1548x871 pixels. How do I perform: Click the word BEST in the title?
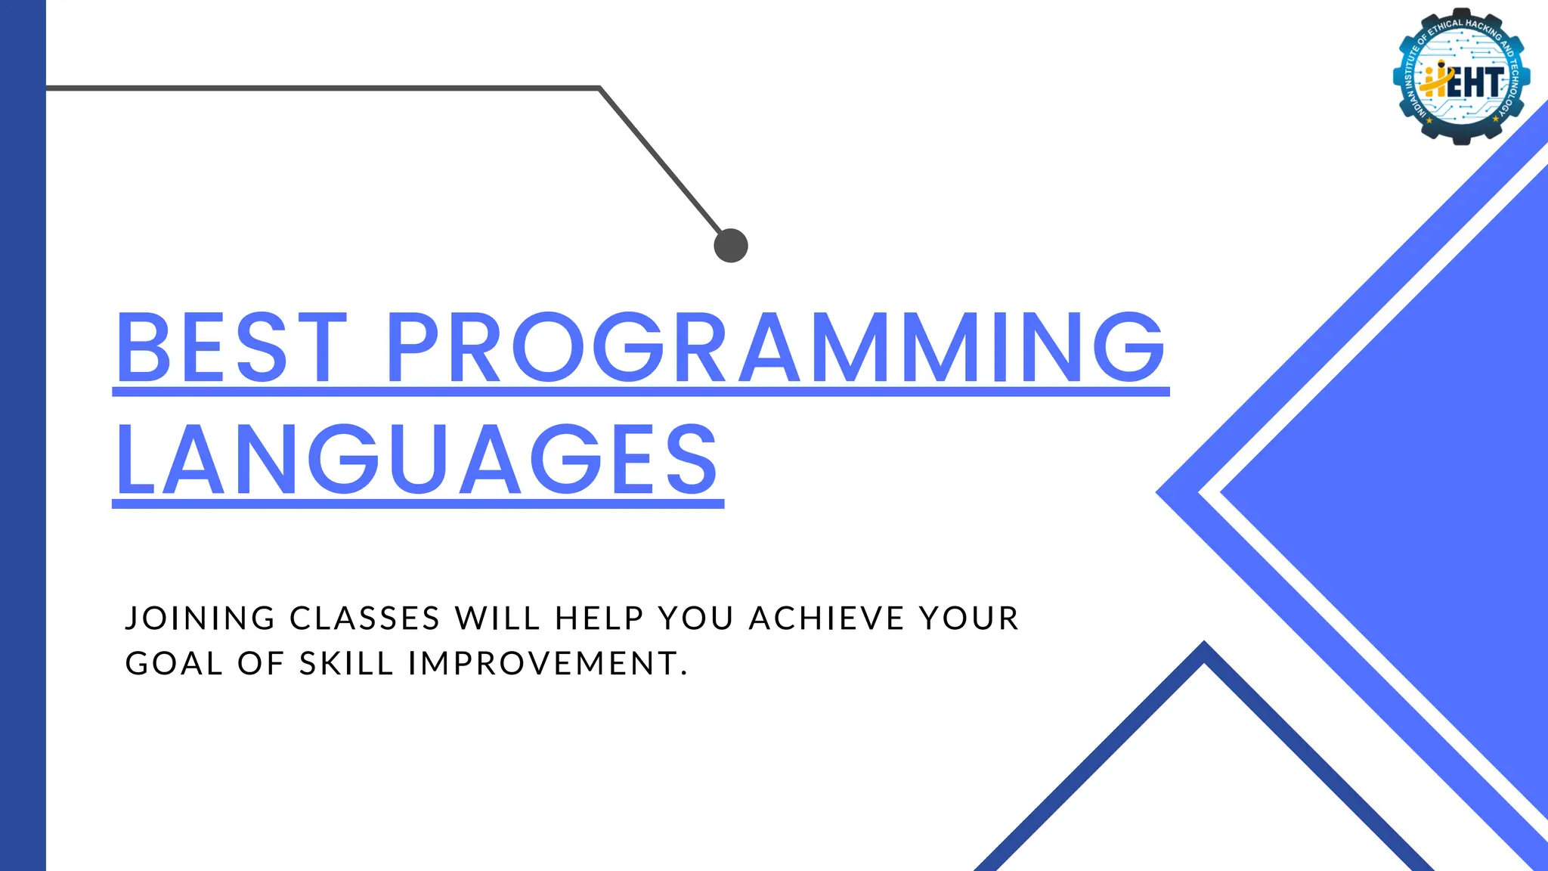(x=231, y=348)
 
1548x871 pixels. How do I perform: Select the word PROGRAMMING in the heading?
(x=776, y=348)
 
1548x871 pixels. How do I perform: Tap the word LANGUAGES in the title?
(x=417, y=460)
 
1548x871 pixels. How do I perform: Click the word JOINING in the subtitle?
(x=200, y=618)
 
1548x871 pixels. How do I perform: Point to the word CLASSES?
(x=365, y=618)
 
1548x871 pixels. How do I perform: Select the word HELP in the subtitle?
(x=599, y=618)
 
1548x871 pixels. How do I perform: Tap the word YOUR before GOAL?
(x=969, y=618)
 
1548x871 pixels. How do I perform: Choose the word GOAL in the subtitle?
(x=175, y=664)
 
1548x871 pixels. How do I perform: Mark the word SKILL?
(x=347, y=664)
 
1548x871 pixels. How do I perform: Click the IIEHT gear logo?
(x=1461, y=76)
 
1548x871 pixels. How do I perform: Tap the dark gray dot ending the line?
(x=731, y=246)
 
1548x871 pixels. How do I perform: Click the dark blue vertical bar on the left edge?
(x=23, y=435)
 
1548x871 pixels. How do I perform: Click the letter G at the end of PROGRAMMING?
(x=1129, y=348)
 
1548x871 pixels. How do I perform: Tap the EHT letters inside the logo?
(x=1474, y=82)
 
